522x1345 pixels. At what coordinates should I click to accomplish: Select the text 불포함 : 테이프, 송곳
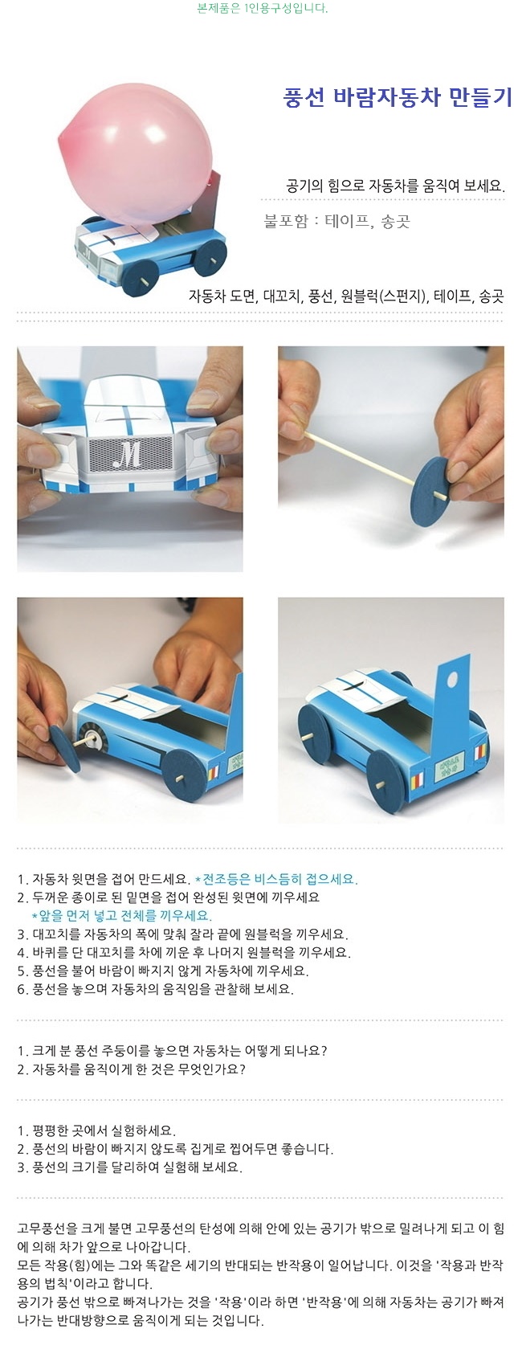(x=336, y=222)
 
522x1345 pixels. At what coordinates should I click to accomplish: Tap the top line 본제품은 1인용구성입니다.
(x=262, y=8)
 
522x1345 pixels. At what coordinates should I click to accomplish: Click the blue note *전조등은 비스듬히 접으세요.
(x=276, y=880)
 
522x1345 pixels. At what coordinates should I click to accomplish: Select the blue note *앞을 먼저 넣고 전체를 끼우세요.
(x=122, y=916)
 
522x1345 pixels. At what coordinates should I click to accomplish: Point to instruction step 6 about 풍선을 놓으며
(x=156, y=989)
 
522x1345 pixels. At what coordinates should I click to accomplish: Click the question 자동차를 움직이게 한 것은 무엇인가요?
(x=132, y=1069)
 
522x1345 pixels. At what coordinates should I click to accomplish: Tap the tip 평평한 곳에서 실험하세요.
(x=96, y=1130)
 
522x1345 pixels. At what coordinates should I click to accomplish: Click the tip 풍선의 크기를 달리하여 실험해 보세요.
(x=129, y=1168)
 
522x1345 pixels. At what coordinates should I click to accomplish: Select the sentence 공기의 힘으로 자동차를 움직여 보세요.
(x=396, y=186)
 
